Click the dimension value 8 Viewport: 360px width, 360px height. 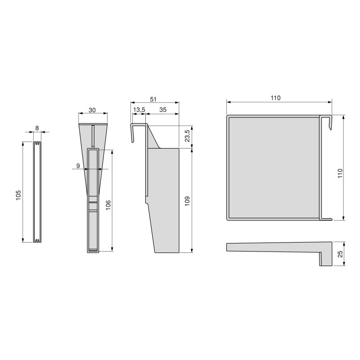click(x=37, y=128)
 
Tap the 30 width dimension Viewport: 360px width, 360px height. click(x=92, y=110)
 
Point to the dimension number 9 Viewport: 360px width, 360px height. click(x=78, y=166)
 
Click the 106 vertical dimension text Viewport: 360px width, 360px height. click(x=108, y=204)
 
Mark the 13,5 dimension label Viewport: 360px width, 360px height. click(x=139, y=110)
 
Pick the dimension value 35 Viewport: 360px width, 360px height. click(x=162, y=110)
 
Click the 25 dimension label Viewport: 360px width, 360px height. click(x=340, y=254)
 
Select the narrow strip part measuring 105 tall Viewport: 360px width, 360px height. click(x=37, y=192)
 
